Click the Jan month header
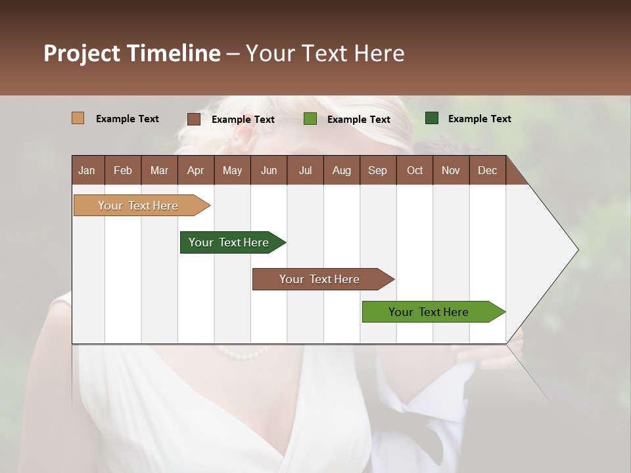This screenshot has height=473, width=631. coord(87,170)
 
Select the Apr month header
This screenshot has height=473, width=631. coord(195,170)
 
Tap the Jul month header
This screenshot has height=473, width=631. coord(305,170)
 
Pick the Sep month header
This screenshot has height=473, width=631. coord(377,170)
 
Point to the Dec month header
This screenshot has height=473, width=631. coord(487,170)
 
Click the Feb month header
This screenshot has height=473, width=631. coord(123,170)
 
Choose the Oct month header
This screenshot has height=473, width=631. coord(415,170)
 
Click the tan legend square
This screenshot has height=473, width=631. coord(78,118)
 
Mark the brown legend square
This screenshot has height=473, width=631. coord(194,119)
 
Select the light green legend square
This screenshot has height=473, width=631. coord(310,119)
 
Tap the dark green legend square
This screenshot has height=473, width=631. coord(432,118)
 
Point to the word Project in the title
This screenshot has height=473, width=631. coord(82,53)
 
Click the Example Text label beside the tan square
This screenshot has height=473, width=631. coord(128,119)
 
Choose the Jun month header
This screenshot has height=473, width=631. coord(269,170)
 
